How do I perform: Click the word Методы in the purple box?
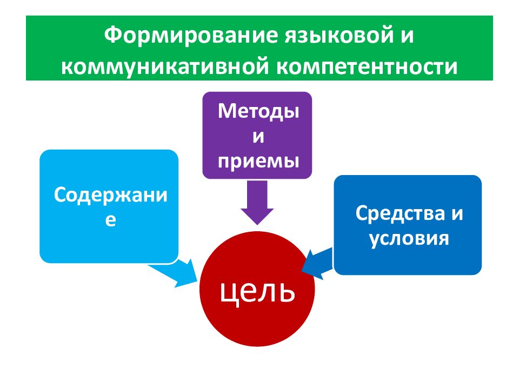[x=258, y=112]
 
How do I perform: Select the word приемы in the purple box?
[x=258, y=160]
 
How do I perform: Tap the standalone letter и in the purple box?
[x=258, y=136]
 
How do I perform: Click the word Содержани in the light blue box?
[x=110, y=195]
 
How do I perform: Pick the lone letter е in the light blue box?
[x=110, y=220]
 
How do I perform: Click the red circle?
[x=257, y=324]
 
